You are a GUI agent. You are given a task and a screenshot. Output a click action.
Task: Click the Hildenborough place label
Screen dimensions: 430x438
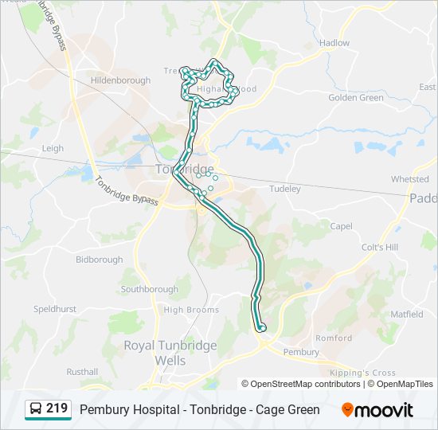(120, 80)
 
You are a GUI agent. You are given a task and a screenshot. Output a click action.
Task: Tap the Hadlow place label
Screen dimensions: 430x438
(334, 43)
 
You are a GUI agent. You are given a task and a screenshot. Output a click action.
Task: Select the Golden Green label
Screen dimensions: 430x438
(356, 98)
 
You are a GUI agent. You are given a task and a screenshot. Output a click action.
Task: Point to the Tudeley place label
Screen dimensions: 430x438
(285, 189)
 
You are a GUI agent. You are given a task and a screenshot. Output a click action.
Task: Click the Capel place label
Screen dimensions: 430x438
(341, 226)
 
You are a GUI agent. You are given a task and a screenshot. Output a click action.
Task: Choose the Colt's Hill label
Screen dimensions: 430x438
(379, 248)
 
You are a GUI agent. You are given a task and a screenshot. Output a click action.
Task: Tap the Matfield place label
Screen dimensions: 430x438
(406, 315)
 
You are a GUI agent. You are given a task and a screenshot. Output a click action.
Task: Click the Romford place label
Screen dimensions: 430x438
(334, 338)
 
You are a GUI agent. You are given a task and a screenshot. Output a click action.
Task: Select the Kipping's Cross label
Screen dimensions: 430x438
(362, 373)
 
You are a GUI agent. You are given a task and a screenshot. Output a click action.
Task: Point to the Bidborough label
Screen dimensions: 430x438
(100, 260)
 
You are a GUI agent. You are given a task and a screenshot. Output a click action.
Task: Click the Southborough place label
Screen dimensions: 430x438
(150, 289)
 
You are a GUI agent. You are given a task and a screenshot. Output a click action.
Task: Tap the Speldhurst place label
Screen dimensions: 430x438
(54, 308)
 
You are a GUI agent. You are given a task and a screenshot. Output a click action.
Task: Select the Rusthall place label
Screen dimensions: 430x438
(82, 372)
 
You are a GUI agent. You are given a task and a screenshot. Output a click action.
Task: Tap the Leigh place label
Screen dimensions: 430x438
(53, 148)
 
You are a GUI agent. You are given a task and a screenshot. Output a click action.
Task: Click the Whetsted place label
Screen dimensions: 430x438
(409, 179)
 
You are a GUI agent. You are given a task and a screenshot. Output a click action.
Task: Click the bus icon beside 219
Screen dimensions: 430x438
(37, 409)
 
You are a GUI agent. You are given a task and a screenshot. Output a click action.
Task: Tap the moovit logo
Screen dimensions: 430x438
(377, 410)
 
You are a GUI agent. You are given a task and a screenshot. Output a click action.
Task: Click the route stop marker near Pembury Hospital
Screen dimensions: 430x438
(261, 327)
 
